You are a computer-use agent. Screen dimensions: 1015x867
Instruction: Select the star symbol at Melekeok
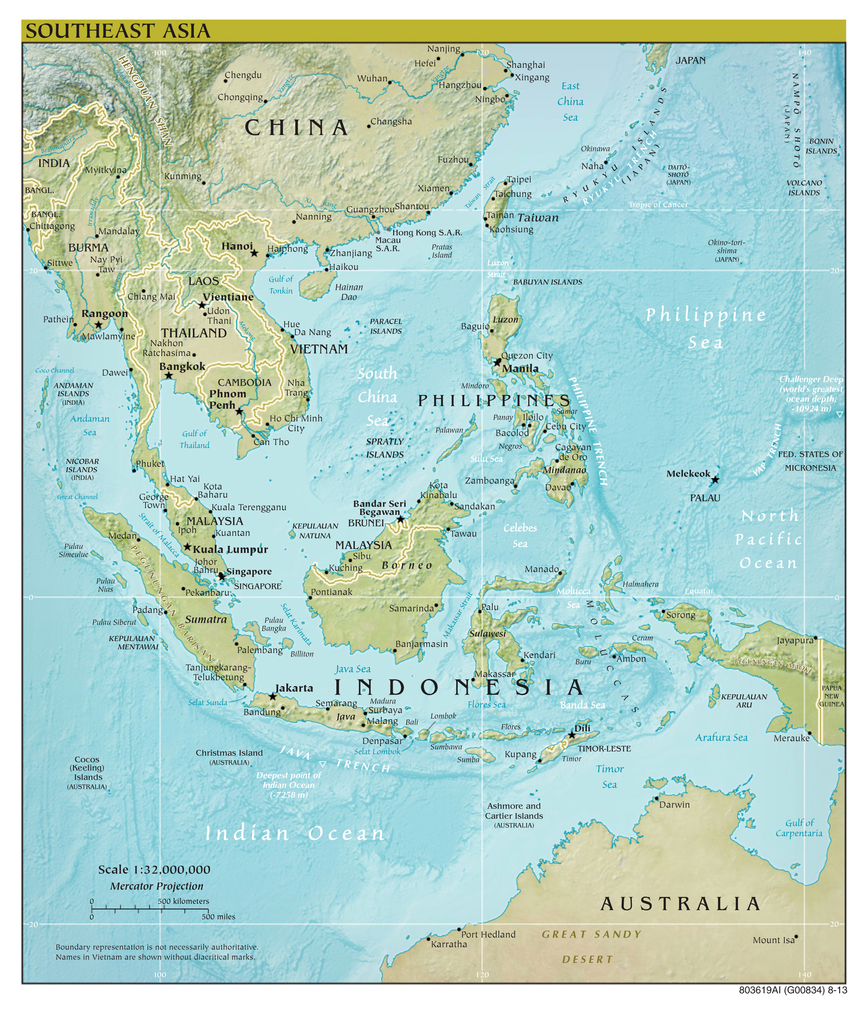pos(715,480)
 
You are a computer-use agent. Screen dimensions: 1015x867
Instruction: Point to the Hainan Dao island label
pos(349,292)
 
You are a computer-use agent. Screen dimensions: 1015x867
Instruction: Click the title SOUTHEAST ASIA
pos(118,31)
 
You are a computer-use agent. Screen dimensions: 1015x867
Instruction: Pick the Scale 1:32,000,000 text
pos(154,869)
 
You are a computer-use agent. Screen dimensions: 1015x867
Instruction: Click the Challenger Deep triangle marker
pos(839,414)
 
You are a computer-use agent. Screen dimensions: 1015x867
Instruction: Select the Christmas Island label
pos(229,753)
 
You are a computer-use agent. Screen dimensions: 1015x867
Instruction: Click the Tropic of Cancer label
pos(658,205)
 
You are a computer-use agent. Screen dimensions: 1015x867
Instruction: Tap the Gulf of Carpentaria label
pos(799,828)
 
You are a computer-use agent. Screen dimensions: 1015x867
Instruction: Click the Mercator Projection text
pos(157,886)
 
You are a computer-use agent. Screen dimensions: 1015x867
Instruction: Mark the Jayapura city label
pos(794,641)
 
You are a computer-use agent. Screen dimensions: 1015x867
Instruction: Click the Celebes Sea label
pos(520,535)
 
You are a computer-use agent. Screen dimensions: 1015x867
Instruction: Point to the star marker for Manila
pos(497,362)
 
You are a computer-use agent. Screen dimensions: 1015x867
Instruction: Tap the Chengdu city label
pos(243,75)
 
